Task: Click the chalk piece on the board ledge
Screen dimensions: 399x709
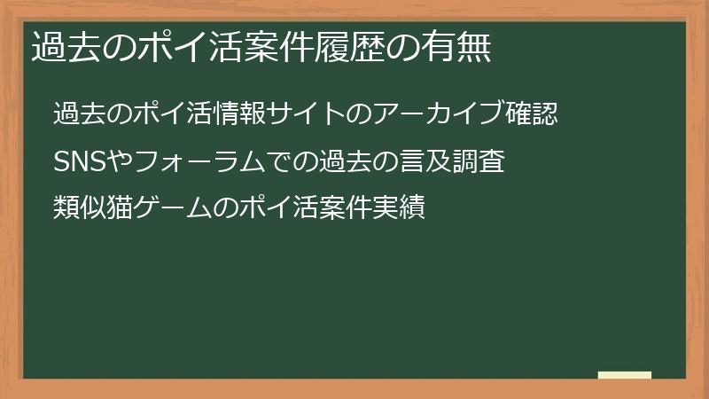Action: click(x=625, y=375)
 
